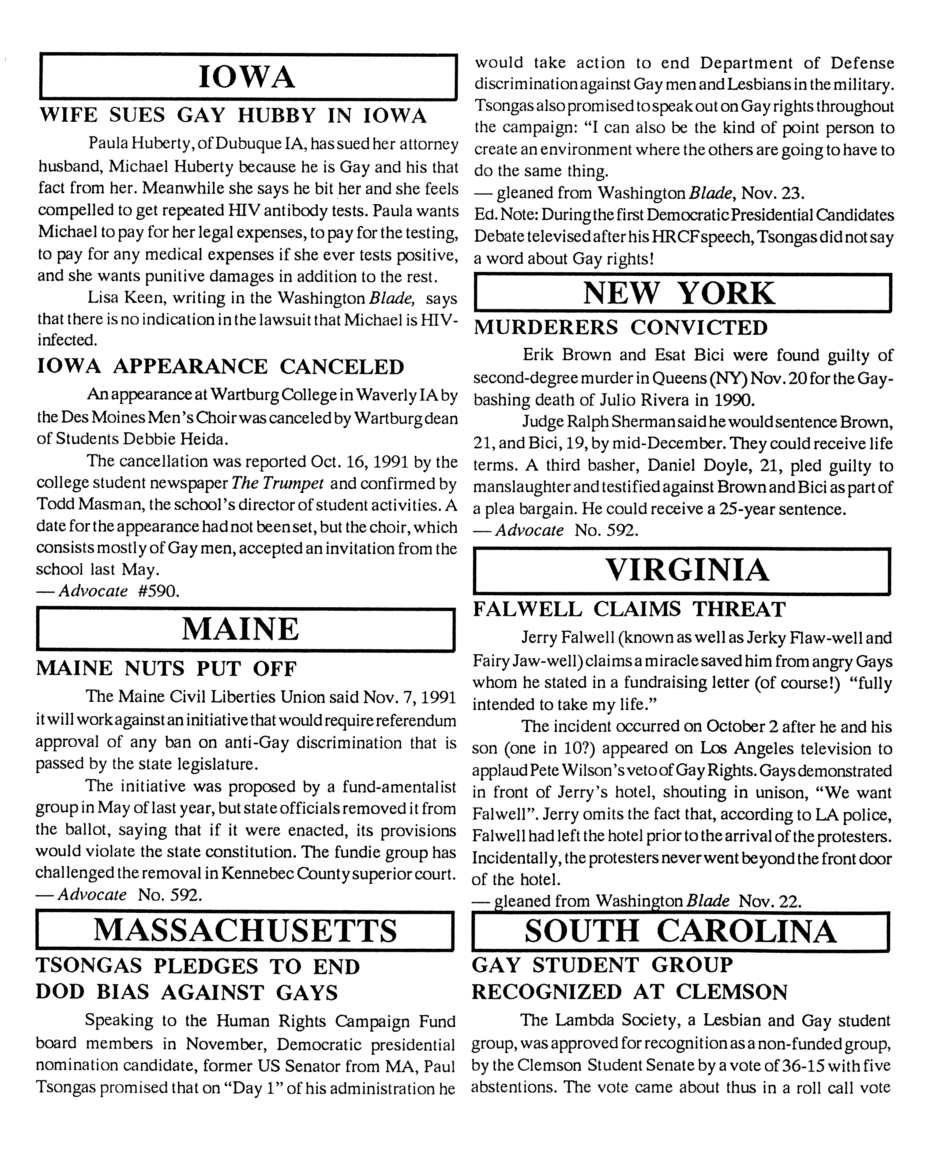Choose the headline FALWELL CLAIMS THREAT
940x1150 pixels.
(x=629, y=609)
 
